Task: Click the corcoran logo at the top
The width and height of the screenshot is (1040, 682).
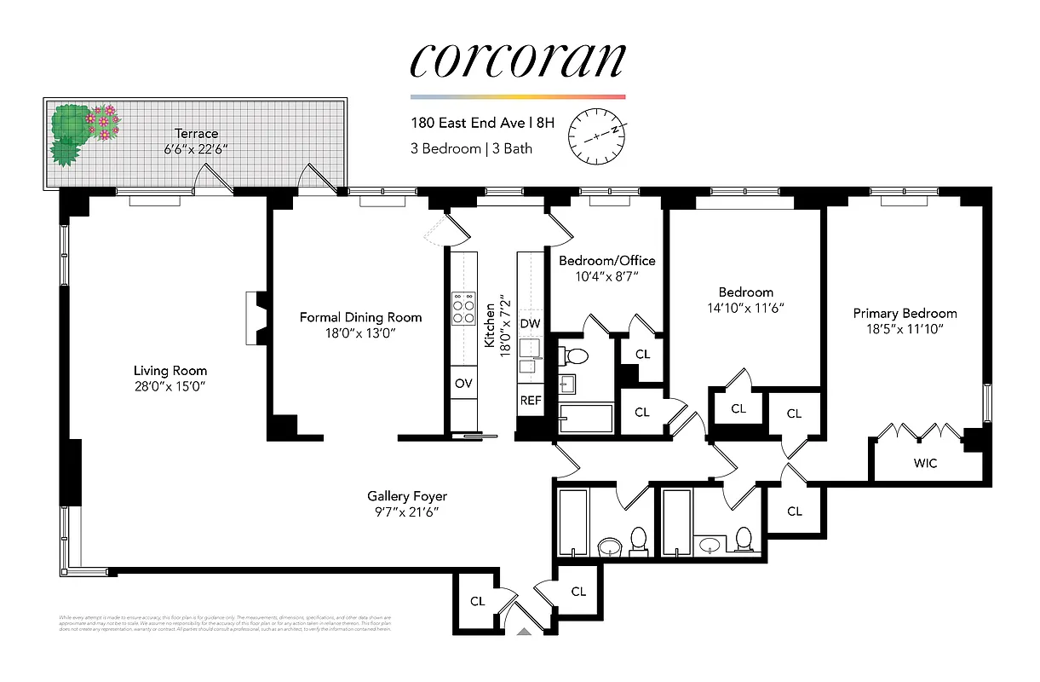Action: [x=517, y=60]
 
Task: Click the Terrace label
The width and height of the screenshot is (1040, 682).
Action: [x=196, y=134]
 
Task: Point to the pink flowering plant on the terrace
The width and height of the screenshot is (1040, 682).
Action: [x=104, y=122]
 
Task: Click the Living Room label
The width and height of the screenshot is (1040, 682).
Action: [x=170, y=371]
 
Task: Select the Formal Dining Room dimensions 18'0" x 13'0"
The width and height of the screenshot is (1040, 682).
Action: [x=360, y=334]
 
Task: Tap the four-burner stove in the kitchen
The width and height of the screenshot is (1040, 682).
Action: [x=464, y=309]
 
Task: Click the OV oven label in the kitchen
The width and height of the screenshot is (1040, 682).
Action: [x=463, y=384]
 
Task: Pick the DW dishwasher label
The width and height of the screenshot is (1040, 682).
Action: [x=530, y=324]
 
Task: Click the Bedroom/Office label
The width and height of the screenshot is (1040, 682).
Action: [x=606, y=260]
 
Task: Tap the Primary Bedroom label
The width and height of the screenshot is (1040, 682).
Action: [x=905, y=313]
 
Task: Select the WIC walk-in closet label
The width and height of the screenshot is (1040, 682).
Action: [x=925, y=464]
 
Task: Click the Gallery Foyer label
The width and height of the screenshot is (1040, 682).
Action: [x=406, y=496]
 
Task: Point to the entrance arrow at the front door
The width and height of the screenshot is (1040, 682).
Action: [x=524, y=632]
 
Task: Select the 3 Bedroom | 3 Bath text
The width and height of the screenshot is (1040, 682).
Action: [x=471, y=148]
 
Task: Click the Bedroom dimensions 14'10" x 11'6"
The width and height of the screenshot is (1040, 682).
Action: [x=745, y=308]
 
